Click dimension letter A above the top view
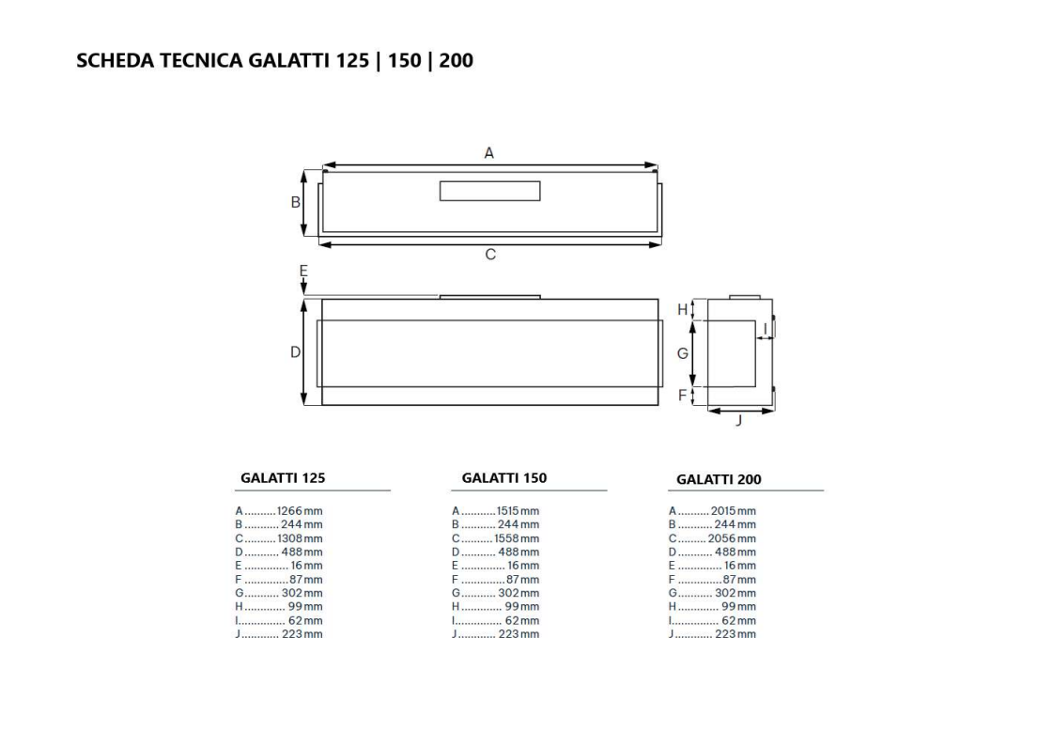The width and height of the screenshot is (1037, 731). (x=488, y=152)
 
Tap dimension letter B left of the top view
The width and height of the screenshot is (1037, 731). (x=294, y=202)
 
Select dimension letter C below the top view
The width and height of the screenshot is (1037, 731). (x=490, y=255)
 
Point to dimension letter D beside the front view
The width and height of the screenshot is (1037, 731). (x=294, y=351)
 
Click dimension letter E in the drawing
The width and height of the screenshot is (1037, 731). (x=303, y=271)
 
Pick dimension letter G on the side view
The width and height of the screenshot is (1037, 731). (x=683, y=353)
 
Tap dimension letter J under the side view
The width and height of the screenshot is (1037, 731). (x=738, y=422)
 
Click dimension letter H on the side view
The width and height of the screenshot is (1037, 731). (x=683, y=309)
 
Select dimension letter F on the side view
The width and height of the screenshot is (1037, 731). (x=683, y=396)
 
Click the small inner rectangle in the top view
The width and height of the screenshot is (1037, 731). (x=489, y=191)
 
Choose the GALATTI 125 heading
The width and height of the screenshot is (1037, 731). (x=283, y=477)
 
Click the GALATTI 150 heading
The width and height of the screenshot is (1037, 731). (x=504, y=477)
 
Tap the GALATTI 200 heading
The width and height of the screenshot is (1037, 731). (x=719, y=479)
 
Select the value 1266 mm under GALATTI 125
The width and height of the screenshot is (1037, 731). (x=300, y=511)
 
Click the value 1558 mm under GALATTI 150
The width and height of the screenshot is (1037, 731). (x=517, y=538)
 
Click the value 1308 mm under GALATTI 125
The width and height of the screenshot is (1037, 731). (x=300, y=538)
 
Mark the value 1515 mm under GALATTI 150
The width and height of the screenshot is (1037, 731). (x=517, y=511)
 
